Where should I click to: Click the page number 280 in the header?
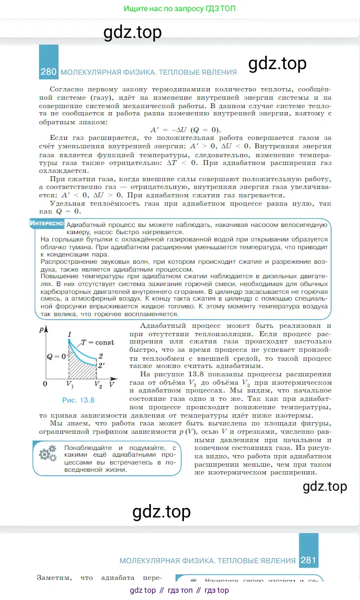click(48, 72)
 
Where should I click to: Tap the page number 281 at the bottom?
click(308, 560)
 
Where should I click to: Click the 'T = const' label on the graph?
click(98, 342)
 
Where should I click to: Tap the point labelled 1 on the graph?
click(69, 335)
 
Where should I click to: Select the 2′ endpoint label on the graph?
click(101, 366)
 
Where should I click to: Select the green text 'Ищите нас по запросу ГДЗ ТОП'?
click(179, 9)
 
